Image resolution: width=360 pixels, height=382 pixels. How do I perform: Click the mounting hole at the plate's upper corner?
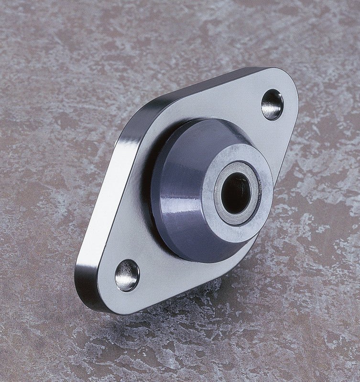click(272, 105)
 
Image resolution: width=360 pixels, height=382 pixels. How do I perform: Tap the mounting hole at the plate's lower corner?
click(127, 275)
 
